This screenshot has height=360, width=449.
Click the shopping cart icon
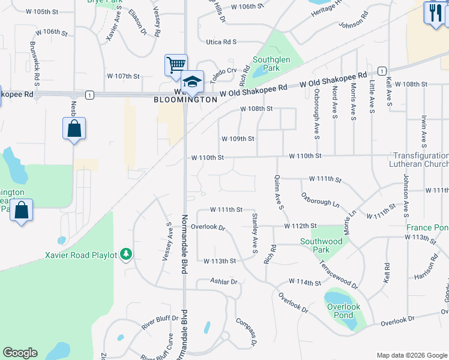coord(176,65)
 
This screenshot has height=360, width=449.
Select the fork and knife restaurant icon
coord(434,13)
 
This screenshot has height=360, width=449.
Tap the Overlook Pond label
coord(344,311)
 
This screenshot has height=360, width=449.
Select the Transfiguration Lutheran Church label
coord(421,160)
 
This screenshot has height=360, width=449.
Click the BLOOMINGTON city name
coord(185,100)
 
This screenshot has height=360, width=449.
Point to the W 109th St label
coord(238,139)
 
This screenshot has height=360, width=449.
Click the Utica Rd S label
coord(221,42)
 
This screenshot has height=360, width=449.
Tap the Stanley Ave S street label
coord(255,232)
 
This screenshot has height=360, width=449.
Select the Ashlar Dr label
coord(224,281)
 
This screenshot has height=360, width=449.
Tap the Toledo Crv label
coord(223,71)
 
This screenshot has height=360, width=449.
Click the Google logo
coord(20,353)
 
